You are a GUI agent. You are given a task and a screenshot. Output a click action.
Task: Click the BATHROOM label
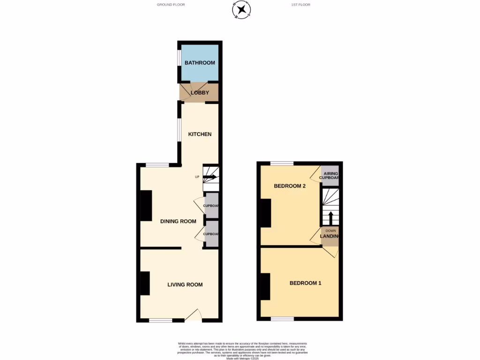tap(200, 63)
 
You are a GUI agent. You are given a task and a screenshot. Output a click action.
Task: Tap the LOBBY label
tap(200, 93)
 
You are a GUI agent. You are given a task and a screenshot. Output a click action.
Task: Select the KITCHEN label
tap(200, 135)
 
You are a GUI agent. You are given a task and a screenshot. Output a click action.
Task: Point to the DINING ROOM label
tap(178, 221)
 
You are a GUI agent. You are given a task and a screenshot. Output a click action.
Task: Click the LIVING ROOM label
tap(185, 285)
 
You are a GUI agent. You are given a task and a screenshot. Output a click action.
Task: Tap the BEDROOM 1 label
tap(305, 283)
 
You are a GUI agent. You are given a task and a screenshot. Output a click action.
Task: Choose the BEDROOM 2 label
tap(290, 186)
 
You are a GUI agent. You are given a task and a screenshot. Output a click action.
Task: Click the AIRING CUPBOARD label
tap(330, 176)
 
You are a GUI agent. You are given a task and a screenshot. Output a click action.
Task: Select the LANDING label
tap(330, 236)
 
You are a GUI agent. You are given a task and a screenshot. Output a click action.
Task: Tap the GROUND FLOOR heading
tap(171, 5)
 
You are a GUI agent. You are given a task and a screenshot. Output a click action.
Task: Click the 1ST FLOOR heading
tap(300, 5)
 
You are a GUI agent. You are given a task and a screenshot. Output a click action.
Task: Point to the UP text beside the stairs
tap(197, 177)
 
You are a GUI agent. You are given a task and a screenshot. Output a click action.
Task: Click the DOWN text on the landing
tap(331, 231)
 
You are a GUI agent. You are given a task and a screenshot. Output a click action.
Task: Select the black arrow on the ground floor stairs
tap(210, 177)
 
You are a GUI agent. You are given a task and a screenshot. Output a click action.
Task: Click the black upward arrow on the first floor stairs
tap(330, 218)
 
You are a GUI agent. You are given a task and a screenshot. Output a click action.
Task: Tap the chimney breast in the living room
tap(145, 283)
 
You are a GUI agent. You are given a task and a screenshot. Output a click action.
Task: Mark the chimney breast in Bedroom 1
tap(265, 286)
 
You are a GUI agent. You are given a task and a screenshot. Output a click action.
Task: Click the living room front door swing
tap(194, 315)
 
